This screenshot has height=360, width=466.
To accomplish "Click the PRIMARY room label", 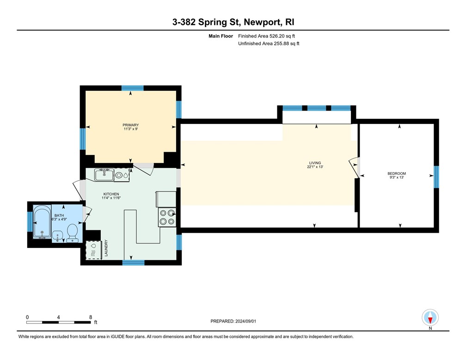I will pos(131,125).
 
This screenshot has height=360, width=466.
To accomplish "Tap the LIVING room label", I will pos(315,163).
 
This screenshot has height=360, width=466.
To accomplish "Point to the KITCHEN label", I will pos(111,194).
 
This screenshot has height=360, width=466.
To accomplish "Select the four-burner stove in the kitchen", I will pos(167,217).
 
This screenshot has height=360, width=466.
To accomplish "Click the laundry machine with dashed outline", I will pos(93,250).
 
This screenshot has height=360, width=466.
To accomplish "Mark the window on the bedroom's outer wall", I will pos(435,177).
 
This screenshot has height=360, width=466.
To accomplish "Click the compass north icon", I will pos(430,318).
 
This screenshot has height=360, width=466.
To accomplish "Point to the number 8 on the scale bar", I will pos(91,317).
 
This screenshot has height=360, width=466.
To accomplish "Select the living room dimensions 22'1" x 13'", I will pos(315,167).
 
